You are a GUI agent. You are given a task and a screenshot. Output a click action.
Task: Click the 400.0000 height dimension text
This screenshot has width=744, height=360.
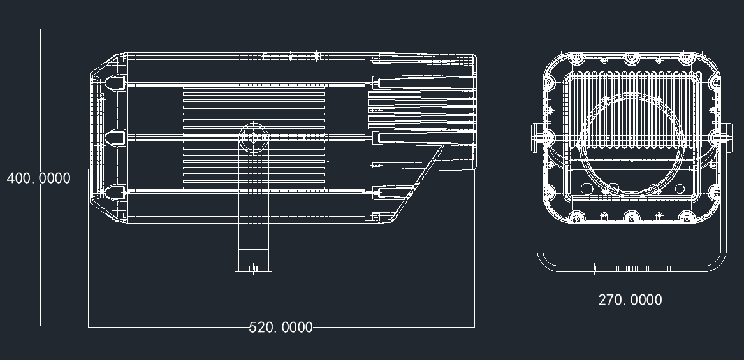pyautogui.click(x=38, y=178)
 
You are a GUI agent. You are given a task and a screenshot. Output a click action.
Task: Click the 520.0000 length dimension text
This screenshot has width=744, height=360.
pyautogui.click(x=281, y=328)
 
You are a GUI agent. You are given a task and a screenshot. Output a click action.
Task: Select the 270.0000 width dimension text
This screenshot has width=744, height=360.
pyautogui.click(x=630, y=299)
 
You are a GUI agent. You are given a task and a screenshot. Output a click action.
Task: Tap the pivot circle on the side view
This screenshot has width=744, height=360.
pyautogui.click(x=253, y=138)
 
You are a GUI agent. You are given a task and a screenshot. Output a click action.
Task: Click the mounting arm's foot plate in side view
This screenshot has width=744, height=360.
pyautogui.click(x=253, y=269)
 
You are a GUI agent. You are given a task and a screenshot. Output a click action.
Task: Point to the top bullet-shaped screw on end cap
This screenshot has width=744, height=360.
pyautogui.click(x=114, y=83)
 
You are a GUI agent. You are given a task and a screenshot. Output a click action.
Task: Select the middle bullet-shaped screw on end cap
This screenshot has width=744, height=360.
pyautogui.click(x=114, y=138)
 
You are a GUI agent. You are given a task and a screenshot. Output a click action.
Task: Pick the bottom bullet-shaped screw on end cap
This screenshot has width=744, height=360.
pyautogui.click(x=114, y=192)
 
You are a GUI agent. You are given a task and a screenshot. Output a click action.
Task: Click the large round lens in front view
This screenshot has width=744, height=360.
pyautogui.click(x=632, y=144)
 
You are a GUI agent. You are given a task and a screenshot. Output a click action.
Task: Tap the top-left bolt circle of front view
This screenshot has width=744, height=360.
pyautogui.click(x=577, y=59)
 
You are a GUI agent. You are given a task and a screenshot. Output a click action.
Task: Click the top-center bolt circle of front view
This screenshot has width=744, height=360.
pyautogui.click(x=632, y=59)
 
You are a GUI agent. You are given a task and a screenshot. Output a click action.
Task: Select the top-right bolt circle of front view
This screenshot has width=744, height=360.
pyautogui.click(x=687, y=59)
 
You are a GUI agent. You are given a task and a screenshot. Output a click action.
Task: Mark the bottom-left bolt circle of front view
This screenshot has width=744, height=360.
pyautogui.click(x=577, y=217)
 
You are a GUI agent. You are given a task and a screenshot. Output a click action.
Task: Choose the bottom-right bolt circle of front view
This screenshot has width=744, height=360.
pyautogui.click(x=687, y=217)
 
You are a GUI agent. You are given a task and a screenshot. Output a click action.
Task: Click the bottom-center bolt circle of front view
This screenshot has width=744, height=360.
pyautogui.click(x=632, y=217)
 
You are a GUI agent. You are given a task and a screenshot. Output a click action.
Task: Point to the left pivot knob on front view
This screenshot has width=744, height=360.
pyautogui.click(x=535, y=138)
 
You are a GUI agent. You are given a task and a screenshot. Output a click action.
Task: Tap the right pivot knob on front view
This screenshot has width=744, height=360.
pyautogui.click(x=728, y=138)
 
